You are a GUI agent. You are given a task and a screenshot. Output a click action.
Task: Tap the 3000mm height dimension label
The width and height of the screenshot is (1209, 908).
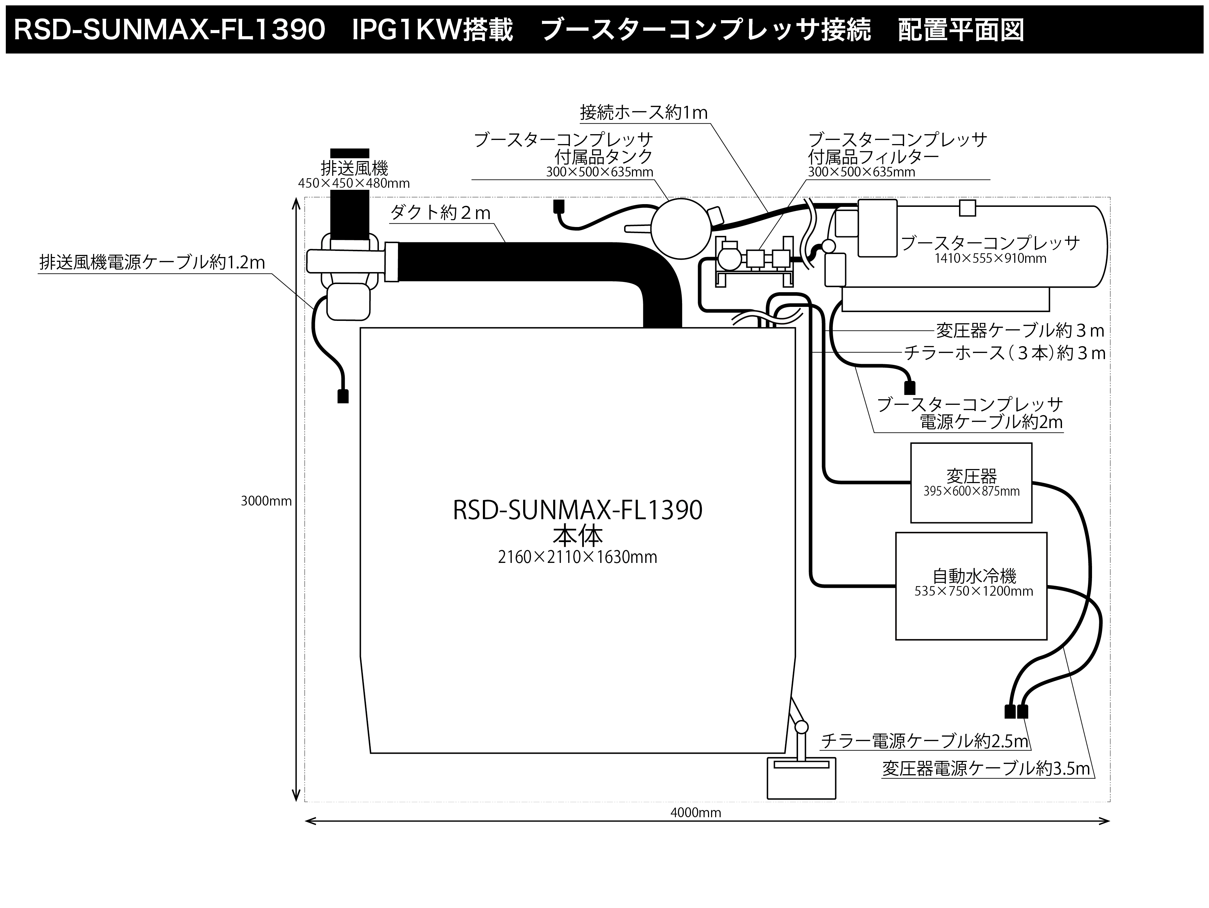[266, 501]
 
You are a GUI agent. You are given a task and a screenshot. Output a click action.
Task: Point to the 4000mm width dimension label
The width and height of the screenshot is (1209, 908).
[695, 813]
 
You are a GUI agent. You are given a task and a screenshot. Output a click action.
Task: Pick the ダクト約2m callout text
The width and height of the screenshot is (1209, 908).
[441, 212]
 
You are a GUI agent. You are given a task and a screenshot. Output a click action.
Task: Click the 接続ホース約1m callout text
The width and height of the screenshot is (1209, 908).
[643, 113]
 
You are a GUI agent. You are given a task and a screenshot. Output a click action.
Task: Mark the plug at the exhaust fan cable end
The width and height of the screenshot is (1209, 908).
[343, 396]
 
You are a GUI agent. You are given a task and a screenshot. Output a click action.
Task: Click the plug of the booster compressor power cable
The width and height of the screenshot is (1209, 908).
[910, 388]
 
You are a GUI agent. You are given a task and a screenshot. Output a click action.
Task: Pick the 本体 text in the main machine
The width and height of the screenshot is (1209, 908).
[577, 535]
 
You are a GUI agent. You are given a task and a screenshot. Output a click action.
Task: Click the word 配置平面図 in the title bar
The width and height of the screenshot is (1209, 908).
[961, 30]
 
